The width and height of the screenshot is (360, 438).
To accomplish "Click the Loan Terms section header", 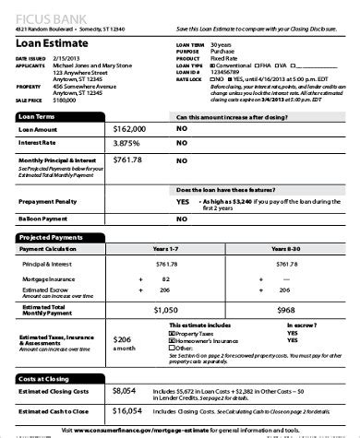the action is [x=37, y=118].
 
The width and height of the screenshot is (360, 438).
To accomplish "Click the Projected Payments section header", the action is [x=47, y=238].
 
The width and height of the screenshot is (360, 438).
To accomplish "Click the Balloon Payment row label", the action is [x=42, y=219].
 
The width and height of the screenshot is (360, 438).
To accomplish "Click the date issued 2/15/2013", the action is [x=67, y=59].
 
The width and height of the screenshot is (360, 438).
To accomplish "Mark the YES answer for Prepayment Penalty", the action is [x=182, y=200].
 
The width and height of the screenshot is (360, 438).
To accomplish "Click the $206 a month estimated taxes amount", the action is [x=123, y=338].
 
